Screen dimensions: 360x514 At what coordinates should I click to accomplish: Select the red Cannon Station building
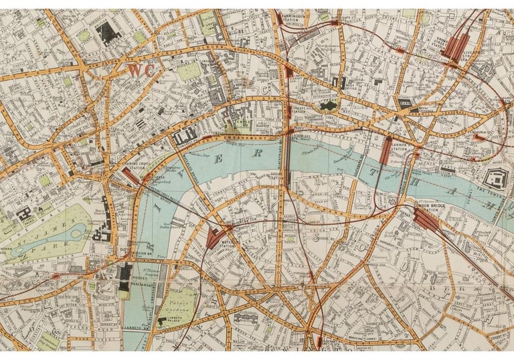tap(386, 150)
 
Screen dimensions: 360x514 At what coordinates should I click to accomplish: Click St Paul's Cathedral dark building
tap(329, 105)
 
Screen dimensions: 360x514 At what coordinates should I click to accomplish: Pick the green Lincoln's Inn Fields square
tap(190, 71)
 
